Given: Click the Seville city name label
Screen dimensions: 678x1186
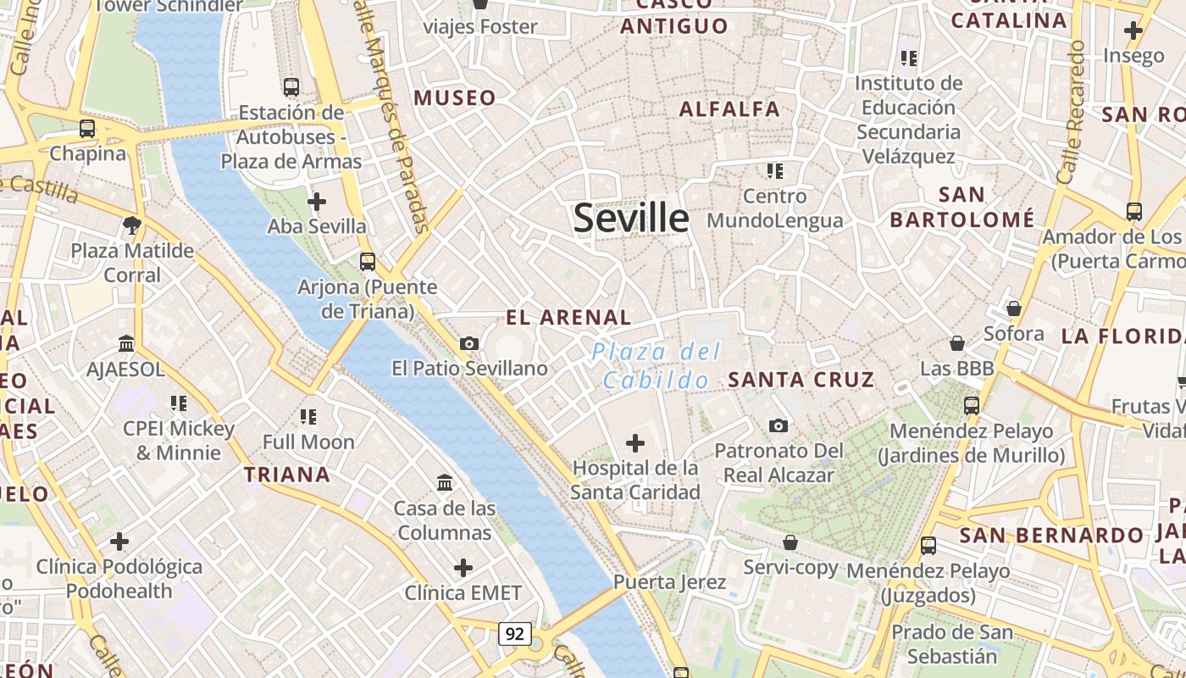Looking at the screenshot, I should click(x=631, y=218).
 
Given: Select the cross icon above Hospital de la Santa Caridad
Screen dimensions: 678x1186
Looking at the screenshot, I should click(x=635, y=442).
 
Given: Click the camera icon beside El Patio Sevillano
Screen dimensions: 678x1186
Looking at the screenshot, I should click(x=469, y=343).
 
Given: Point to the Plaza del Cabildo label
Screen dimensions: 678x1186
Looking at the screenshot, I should click(x=657, y=365).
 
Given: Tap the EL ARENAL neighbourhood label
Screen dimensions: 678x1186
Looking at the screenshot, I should click(x=568, y=318).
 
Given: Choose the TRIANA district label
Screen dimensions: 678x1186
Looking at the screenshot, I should click(x=287, y=474).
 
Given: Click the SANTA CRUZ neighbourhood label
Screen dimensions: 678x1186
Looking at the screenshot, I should click(x=801, y=380).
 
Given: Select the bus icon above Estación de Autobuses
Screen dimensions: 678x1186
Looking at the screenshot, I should click(x=291, y=86).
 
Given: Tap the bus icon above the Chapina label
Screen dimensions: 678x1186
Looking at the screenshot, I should click(x=87, y=129).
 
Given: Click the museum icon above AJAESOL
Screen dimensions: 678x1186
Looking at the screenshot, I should click(x=127, y=343).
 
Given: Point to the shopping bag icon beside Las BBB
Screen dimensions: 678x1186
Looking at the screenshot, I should click(x=957, y=343).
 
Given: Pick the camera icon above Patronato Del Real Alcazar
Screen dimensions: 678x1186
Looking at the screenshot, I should click(x=779, y=425).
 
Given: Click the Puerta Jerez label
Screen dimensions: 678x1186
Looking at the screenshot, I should click(x=669, y=582).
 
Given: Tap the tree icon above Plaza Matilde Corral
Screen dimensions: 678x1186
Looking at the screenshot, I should click(x=131, y=225).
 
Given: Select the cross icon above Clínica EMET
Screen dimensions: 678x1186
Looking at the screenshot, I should click(x=463, y=567).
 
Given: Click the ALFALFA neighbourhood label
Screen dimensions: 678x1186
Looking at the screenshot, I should click(x=729, y=108).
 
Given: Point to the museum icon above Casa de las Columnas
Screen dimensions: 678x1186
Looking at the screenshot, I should click(x=445, y=483).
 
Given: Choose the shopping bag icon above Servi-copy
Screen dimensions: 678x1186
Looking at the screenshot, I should click(x=790, y=542).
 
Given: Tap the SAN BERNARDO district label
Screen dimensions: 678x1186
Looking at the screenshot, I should click(x=1051, y=536).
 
